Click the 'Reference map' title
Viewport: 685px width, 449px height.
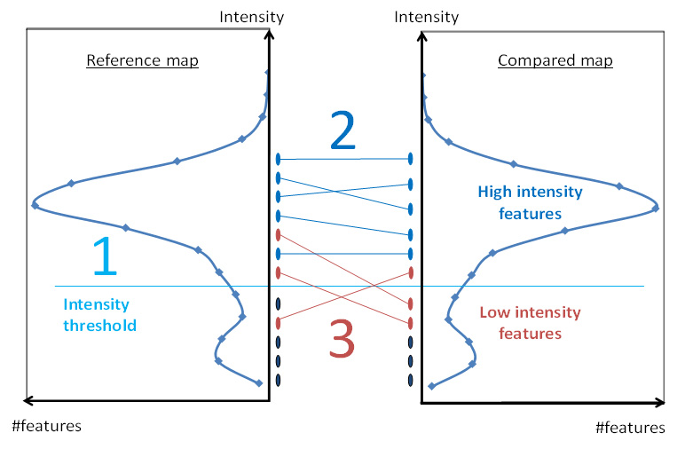pyautogui.click(x=143, y=60)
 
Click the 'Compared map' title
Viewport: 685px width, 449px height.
pyautogui.click(x=555, y=60)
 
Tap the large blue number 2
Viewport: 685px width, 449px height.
pyautogui.click(x=342, y=130)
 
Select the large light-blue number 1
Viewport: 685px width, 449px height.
pyautogui.click(x=106, y=256)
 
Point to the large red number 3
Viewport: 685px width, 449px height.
pyautogui.click(x=342, y=338)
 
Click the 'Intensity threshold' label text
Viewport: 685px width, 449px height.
pyautogui.click(x=99, y=314)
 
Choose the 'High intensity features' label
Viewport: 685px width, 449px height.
pyautogui.click(x=530, y=202)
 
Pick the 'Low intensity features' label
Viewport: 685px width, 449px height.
pyautogui.click(x=530, y=323)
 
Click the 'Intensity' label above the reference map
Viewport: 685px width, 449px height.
pyautogui.click(x=252, y=17)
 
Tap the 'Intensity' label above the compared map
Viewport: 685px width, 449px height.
pyautogui.click(x=427, y=17)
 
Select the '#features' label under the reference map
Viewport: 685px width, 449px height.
pyautogui.click(x=47, y=426)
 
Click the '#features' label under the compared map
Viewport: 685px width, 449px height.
pyautogui.click(x=630, y=428)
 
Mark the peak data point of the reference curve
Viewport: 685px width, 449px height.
pyautogui.click(x=35, y=206)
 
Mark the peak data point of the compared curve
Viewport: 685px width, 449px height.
pyautogui.click(x=656, y=209)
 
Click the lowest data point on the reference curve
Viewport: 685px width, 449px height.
pyautogui.click(x=258, y=383)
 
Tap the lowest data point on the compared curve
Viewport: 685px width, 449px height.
pyautogui.click(x=431, y=386)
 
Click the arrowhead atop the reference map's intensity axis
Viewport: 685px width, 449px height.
pyautogui.click(x=270, y=34)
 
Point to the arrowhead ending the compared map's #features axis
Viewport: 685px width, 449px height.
pyautogui.click(x=660, y=403)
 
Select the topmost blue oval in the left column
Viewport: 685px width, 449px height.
pyautogui.click(x=279, y=159)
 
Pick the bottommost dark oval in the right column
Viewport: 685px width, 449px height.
pyautogui.click(x=410, y=380)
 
